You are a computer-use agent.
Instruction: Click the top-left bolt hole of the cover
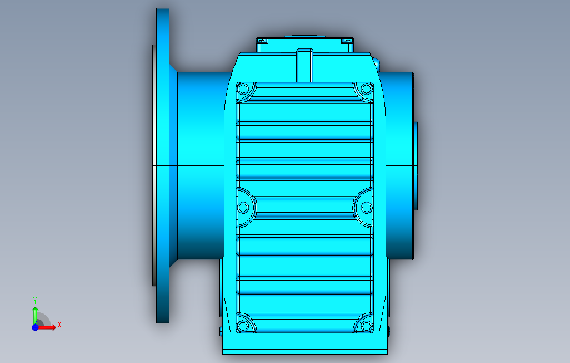tap(243, 89)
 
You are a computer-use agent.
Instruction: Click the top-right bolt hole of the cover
tap(366, 89)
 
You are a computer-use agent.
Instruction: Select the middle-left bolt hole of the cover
tap(243, 208)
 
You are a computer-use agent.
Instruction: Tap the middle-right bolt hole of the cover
tap(366, 208)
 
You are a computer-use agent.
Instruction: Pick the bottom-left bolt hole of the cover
tap(243, 326)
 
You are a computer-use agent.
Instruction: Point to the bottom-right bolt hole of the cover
tap(366, 326)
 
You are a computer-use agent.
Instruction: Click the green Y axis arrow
tap(35, 315)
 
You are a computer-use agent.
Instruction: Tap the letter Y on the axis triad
tap(35, 301)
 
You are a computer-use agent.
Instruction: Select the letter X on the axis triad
tap(59, 325)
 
